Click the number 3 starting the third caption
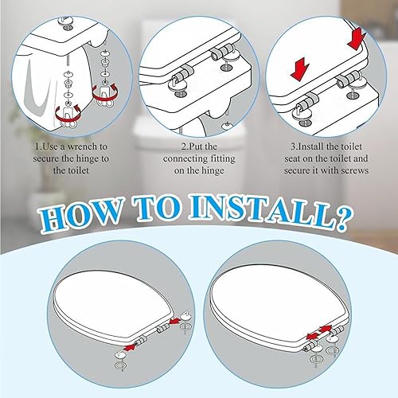click(293, 146)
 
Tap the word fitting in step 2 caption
click(223, 158)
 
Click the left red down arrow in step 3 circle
click(299, 71)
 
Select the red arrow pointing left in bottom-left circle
click(174, 322)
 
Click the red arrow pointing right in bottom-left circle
click(131, 347)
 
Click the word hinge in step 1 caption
click(84, 159)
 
